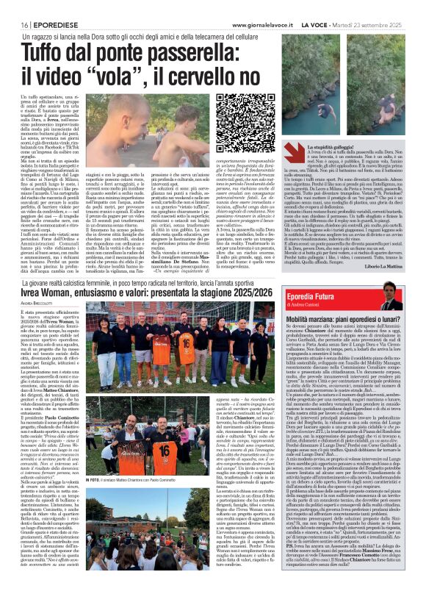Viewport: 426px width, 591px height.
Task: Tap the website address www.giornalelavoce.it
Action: [272, 5]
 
